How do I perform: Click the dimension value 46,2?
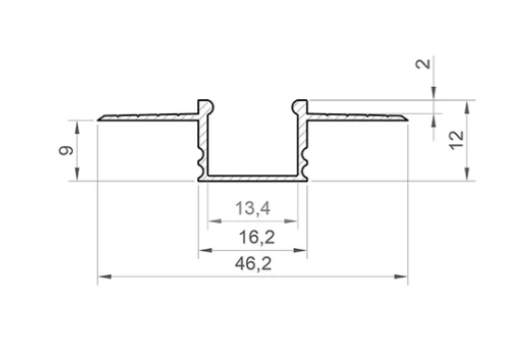pos(252,265)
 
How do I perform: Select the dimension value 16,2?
pos(252,237)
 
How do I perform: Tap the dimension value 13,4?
pos(252,210)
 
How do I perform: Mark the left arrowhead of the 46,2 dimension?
pos(103,276)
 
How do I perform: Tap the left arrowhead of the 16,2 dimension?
pos(203,249)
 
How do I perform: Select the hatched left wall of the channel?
pos(203,143)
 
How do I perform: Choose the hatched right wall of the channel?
pos(303,143)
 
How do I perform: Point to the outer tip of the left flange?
pos(100,118)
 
